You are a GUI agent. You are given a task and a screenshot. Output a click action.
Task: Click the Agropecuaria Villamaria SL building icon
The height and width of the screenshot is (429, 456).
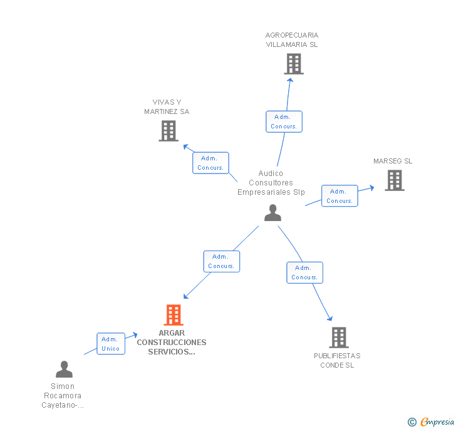(293, 64)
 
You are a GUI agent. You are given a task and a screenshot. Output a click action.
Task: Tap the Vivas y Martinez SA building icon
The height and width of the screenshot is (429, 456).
(168, 131)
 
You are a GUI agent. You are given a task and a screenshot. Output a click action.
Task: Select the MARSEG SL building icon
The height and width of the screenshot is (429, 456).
(394, 180)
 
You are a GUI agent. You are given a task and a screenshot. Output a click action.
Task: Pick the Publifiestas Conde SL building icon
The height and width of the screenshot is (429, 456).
(338, 338)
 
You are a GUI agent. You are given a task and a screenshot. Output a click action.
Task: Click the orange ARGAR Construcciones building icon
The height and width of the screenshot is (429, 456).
(174, 315)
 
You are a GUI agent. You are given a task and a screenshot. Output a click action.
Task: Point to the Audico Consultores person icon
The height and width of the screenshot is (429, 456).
(272, 213)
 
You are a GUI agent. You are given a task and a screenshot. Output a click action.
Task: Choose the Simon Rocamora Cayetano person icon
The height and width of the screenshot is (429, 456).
(64, 370)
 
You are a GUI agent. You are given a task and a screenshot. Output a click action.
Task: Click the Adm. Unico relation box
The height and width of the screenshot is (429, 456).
(111, 344)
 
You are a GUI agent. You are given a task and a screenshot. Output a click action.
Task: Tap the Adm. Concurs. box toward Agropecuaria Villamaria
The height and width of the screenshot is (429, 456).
(284, 121)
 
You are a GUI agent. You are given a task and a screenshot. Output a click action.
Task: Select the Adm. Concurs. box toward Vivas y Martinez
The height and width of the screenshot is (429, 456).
(210, 163)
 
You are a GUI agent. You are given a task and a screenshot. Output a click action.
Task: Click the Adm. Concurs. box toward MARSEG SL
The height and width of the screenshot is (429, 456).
(339, 196)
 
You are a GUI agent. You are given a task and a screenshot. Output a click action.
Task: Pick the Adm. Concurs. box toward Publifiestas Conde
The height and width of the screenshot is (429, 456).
(305, 272)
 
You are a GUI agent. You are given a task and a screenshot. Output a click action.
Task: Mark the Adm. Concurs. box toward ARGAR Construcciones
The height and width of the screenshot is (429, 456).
(221, 261)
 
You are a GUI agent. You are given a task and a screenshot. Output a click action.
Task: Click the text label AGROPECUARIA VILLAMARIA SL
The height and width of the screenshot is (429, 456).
(292, 40)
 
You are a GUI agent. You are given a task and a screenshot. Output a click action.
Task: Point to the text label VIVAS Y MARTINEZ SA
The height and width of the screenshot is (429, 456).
(167, 107)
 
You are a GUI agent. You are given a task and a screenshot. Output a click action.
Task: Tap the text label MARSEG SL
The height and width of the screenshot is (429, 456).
(393, 161)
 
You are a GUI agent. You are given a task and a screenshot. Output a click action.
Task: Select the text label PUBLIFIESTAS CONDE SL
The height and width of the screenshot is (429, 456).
(337, 360)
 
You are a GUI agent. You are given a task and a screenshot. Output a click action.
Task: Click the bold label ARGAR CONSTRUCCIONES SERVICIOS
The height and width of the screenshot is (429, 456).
(172, 343)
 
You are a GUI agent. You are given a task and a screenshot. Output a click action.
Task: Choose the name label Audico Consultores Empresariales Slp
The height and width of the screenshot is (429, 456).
(271, 183)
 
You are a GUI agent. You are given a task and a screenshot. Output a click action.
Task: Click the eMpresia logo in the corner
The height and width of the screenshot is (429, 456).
(432, 421)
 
